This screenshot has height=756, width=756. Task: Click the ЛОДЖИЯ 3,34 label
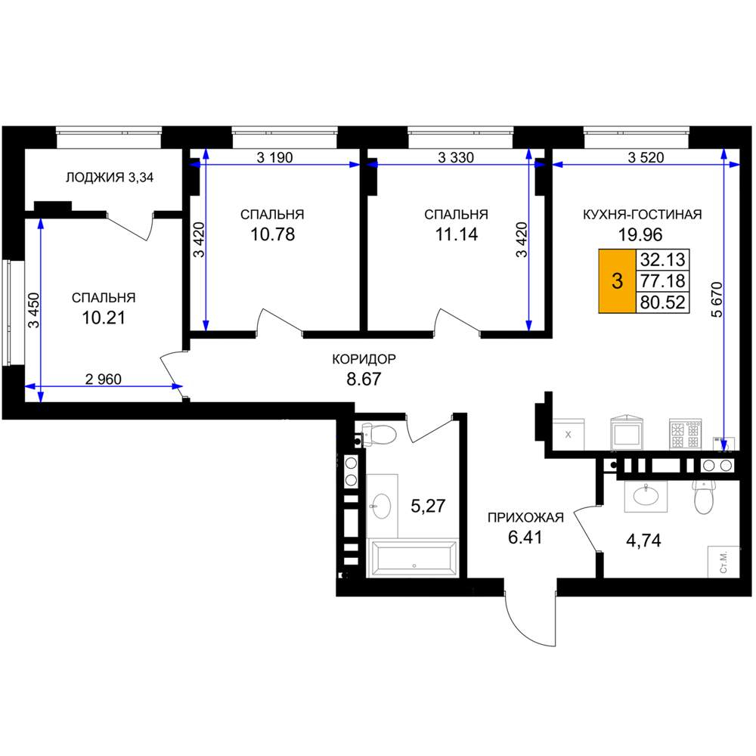[110, 178]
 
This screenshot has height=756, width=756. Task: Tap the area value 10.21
[104, 318]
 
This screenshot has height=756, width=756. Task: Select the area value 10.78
[272, 234]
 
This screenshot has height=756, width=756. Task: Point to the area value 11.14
[456, 234]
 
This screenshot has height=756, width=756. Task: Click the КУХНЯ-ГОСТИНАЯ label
[642, 215]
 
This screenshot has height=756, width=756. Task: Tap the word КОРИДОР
[364, 359]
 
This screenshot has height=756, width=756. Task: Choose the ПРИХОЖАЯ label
[525, 518]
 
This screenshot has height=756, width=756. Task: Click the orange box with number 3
[617, 281]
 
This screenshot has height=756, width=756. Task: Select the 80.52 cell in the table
[662, 302]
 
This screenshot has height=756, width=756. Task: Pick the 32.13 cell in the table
[662, 260]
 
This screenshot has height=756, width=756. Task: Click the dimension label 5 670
[717, 299]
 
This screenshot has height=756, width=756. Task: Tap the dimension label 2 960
[103, 380]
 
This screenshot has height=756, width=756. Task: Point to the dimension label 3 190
[274, 158]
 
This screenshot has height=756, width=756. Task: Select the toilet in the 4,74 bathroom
[704, 496]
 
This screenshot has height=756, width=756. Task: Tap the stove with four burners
[685, 435]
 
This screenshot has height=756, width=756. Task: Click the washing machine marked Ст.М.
[723, 562]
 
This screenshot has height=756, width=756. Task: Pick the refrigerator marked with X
[568, 435]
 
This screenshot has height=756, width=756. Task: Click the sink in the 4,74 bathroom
[646, 496]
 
